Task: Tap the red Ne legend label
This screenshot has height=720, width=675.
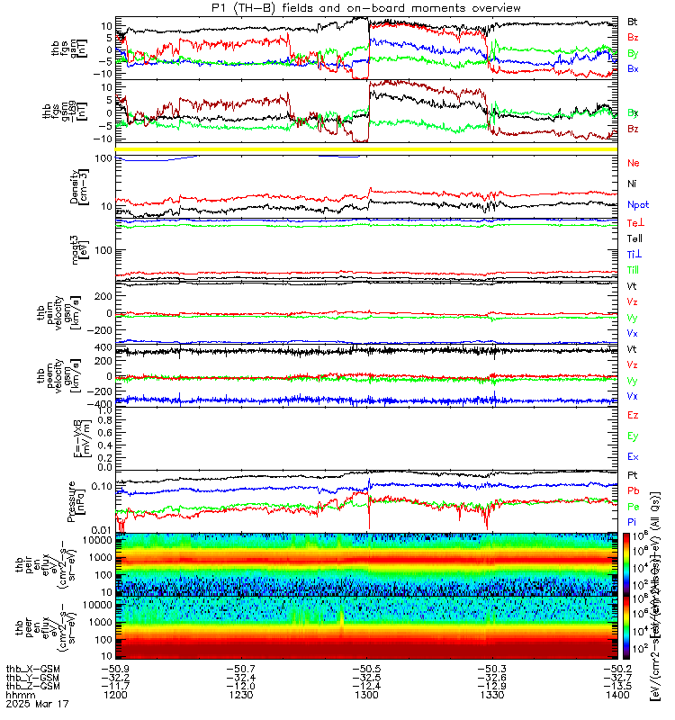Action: click(633, 163)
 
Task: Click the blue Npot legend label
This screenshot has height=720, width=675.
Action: click(637, 205)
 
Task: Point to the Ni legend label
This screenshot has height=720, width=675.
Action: click(632, 184)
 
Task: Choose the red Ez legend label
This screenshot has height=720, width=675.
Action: click(633, 416)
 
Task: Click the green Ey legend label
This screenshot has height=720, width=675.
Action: click(633, 436)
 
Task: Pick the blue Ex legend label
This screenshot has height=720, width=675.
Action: click(633, 457)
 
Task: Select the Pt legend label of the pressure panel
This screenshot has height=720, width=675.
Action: click(632, 474)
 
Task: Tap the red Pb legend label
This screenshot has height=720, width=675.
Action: click(633, 490)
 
